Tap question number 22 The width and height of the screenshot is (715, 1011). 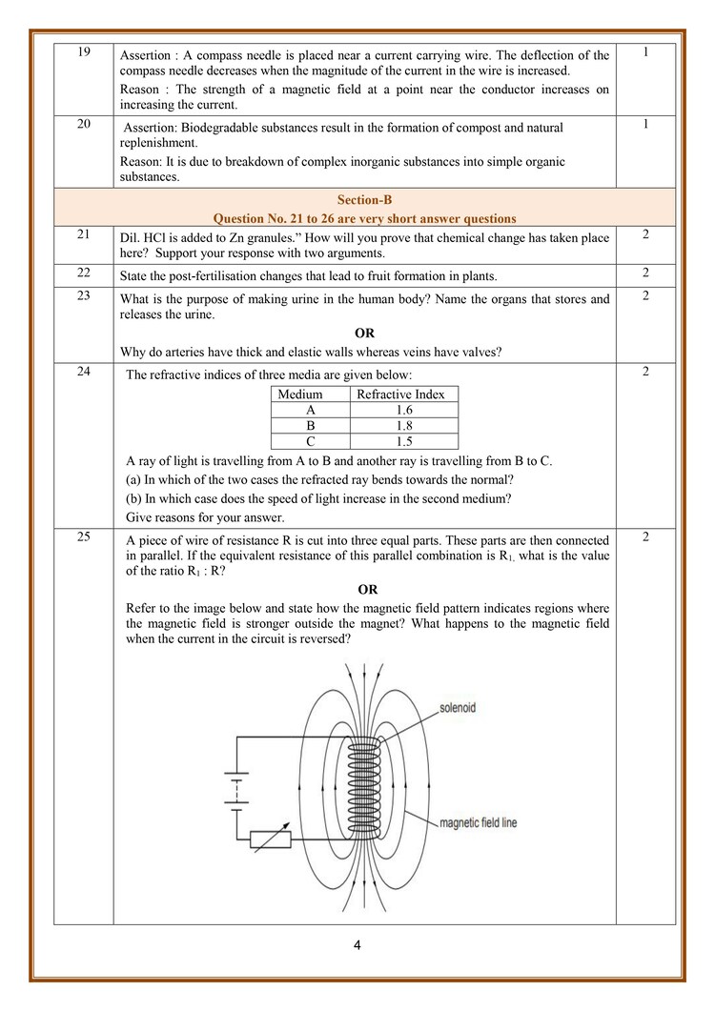pos(84,273)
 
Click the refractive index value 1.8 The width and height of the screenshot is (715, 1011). pos(404,425)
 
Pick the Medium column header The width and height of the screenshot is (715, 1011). pos(299,394)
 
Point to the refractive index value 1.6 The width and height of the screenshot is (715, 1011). pos(404,410)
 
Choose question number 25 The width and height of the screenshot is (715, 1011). pos(84,536)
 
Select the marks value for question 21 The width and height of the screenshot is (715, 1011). pos(645,234)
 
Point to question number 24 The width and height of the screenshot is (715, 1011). pos(84,372)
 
